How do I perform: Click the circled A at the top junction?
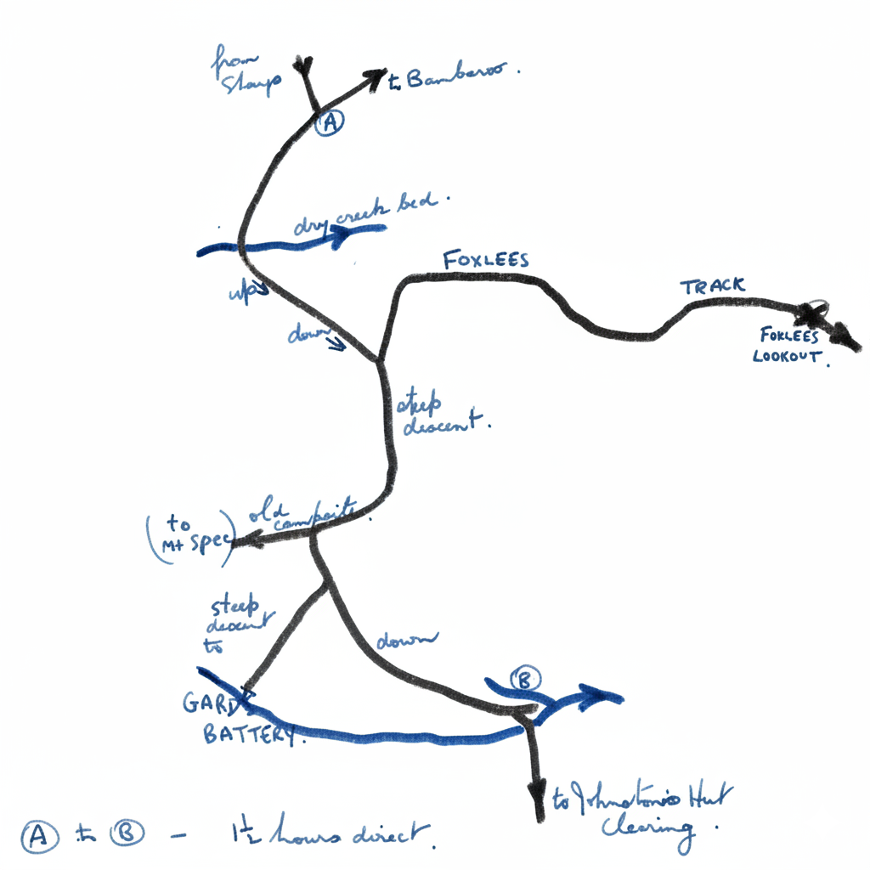(x=329, y=123)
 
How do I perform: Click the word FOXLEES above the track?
(x=486, y=259)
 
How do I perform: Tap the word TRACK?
(x=712, y=286)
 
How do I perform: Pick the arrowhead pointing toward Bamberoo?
(x=375, y=76)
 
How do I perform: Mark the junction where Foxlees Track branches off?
(x=379, y=360)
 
